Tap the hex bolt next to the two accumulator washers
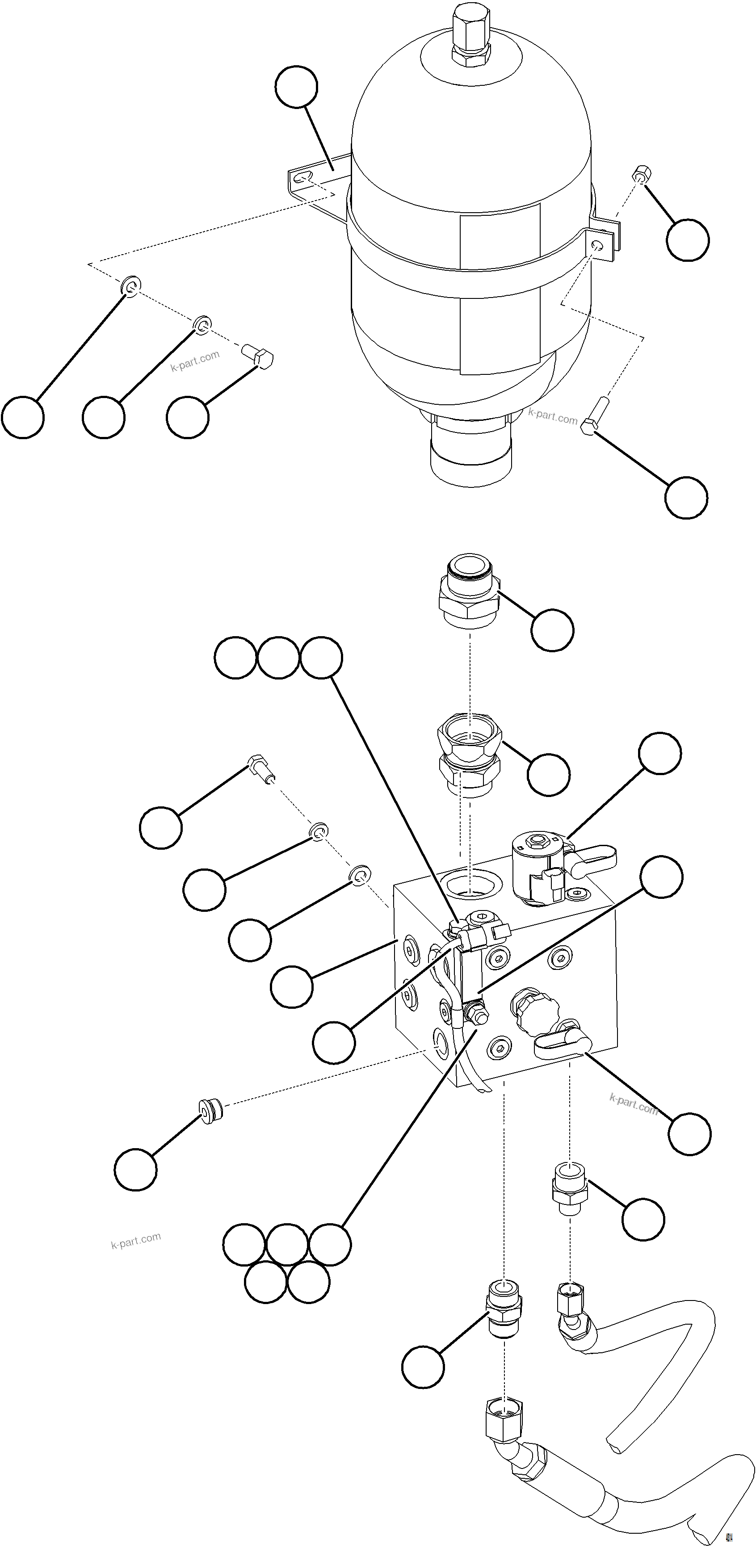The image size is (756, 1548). tap(258, 355)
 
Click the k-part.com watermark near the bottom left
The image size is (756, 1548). tap(136, 1239)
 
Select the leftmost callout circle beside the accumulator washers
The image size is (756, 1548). tap(23, 417)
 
